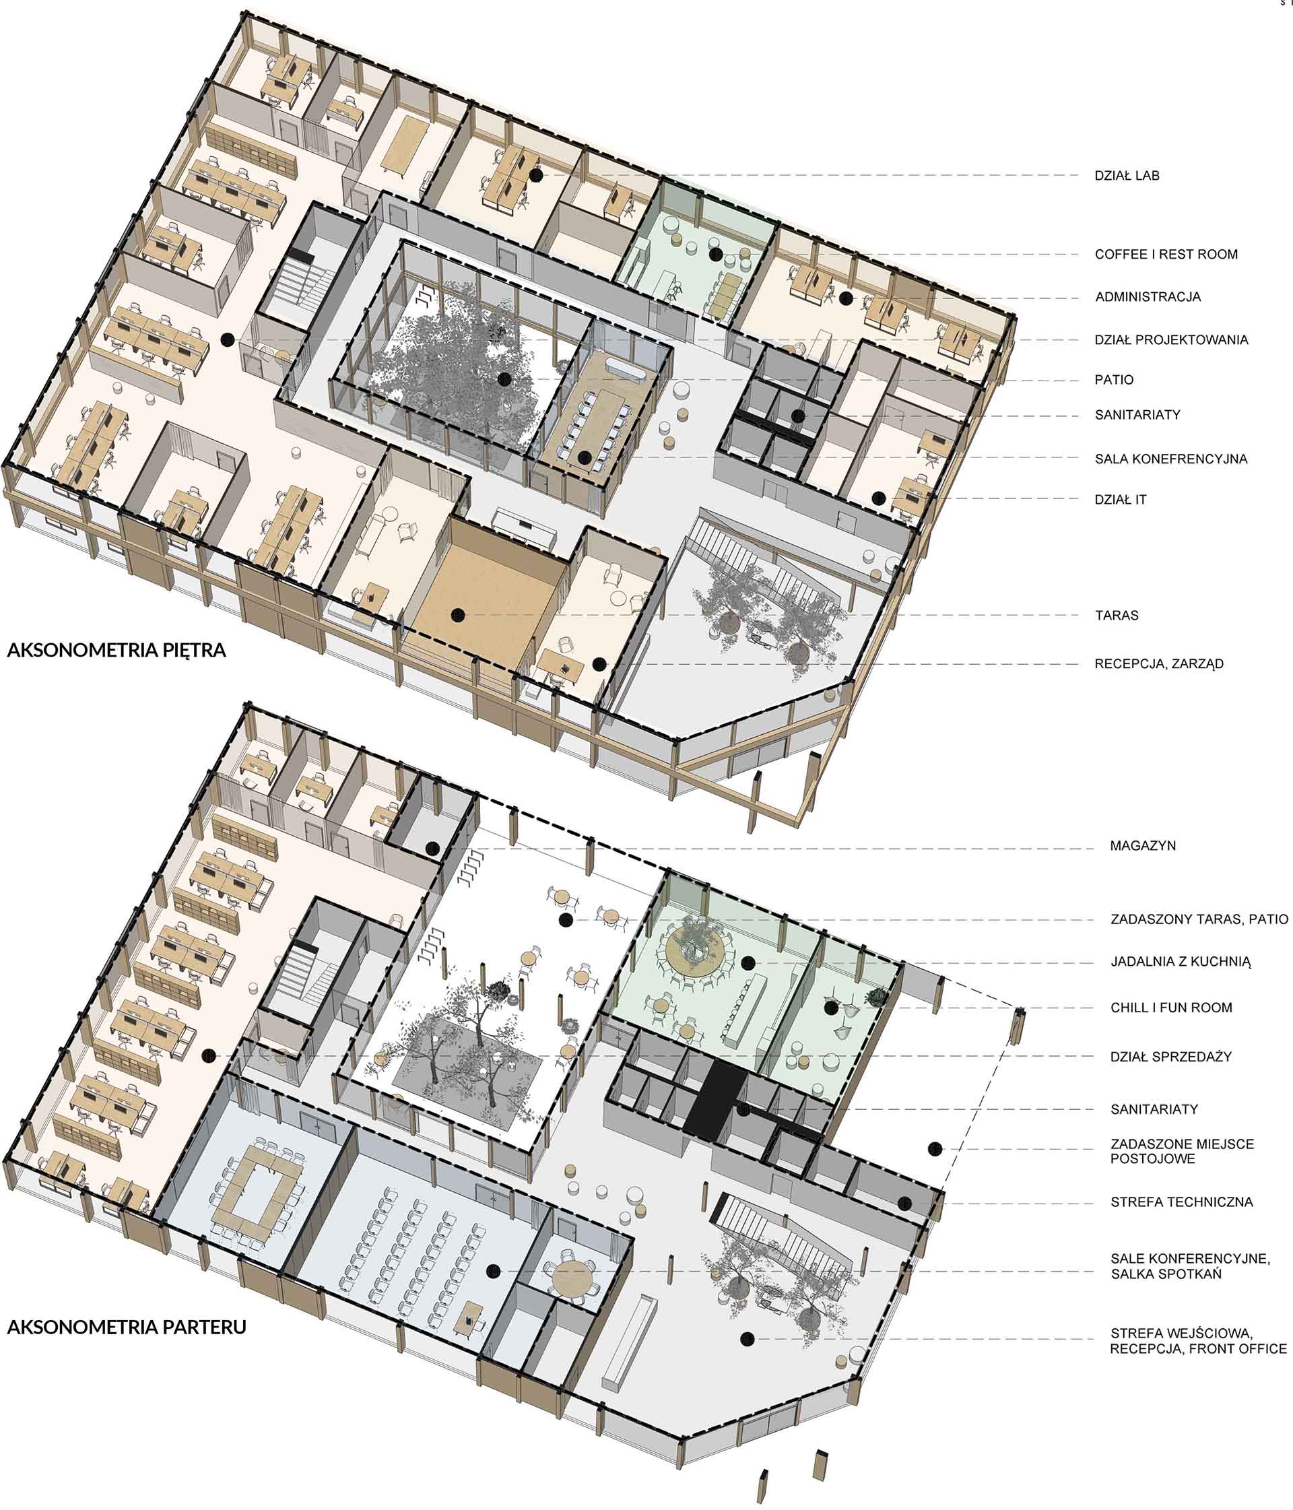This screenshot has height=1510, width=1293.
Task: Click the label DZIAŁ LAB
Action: click(x=1126, y=176)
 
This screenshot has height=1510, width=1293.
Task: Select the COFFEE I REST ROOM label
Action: click(x=1166, y=255)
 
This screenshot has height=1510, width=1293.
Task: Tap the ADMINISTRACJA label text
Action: click(x=1148, y=296)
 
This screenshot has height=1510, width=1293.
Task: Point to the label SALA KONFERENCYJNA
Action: click(x=1170, y=459)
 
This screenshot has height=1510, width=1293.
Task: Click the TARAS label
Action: click(x=1117, y=615)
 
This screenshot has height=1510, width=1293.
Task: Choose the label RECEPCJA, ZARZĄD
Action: click(x=1159, y=664)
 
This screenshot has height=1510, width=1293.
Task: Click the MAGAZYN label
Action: click(x=1143, y=845)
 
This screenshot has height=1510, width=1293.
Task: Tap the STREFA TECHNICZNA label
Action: click(x=1181, y=1202)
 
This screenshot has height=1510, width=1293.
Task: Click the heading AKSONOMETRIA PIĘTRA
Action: click(x=117, y=650)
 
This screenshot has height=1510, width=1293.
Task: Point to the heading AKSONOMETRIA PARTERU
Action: click(x=127, y=1326)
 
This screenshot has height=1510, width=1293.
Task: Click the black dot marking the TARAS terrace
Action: click(x=458, y=615)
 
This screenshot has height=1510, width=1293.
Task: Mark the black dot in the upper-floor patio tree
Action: click(x=504, y=379)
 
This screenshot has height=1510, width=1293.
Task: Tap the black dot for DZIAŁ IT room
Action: click(x=879, y=498)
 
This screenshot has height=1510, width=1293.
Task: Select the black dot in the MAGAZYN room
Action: click(x=432, y=847)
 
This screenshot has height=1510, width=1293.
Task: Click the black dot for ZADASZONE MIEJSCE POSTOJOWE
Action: click(x=935, y=1149)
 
